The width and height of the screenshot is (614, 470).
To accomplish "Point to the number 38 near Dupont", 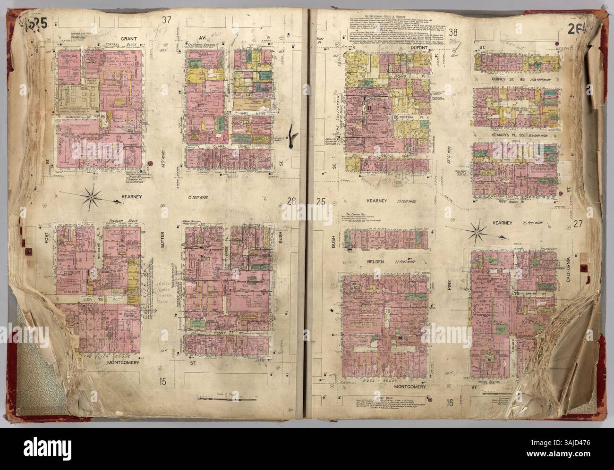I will (454, 32).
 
